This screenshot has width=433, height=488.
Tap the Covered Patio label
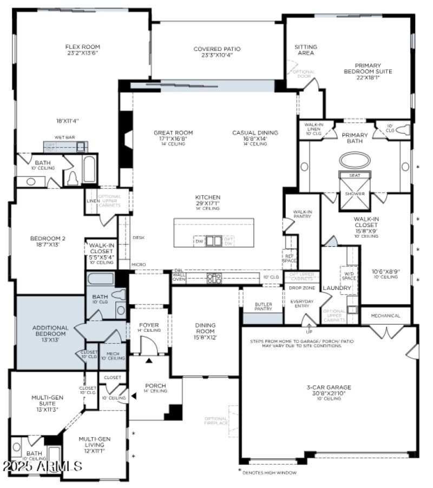coord(217,49)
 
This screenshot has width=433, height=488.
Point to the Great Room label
coord(173,133)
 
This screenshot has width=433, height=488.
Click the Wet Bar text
coord(64,137)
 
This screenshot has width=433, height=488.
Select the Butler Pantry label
coord(263,307)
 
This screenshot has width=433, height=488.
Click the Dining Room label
coord(205,325)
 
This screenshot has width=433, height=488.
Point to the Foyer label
coord(148,325)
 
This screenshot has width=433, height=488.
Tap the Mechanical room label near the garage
coord(386,315)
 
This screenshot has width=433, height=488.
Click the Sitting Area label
coord(306,50)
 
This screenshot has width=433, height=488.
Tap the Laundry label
coord(337,288)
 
